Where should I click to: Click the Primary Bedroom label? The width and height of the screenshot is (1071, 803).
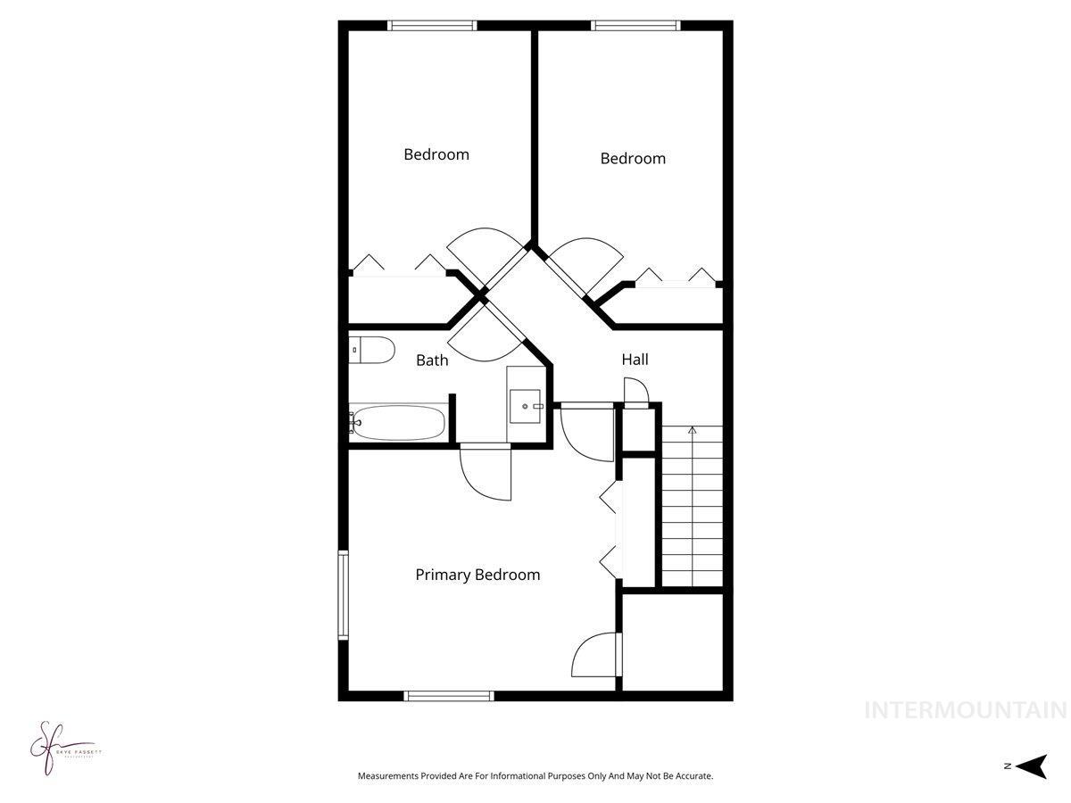477,575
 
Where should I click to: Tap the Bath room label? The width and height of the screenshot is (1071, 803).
432,360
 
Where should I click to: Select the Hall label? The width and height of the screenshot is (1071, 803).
635,360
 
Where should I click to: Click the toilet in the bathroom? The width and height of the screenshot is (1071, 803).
371,350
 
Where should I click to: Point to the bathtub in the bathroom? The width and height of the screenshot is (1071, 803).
399,423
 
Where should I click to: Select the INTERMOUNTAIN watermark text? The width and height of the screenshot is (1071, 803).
965,710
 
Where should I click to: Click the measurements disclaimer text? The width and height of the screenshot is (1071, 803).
535,776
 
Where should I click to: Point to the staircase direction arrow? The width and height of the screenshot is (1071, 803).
692,431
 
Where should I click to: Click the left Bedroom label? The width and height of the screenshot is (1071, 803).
436,154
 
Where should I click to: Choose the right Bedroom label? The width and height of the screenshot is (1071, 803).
633,159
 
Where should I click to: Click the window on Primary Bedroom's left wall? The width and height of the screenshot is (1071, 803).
342,595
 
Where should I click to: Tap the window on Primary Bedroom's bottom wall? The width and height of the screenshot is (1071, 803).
449,695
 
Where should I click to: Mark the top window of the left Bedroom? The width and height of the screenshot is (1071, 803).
432,26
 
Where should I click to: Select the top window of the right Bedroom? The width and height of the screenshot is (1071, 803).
636,26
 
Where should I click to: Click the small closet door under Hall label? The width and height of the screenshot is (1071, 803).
636,393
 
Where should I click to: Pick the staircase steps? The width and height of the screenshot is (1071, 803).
692,509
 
